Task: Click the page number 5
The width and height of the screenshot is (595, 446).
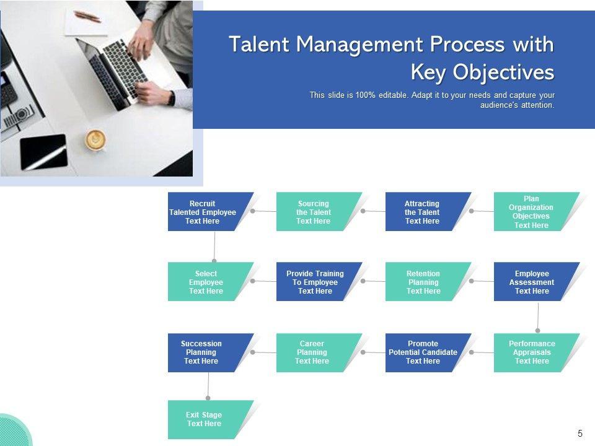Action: tap(580, 434)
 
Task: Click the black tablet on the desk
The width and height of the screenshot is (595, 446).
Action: tap(43, 152)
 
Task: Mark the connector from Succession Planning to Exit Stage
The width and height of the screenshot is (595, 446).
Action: tap(208, 387)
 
